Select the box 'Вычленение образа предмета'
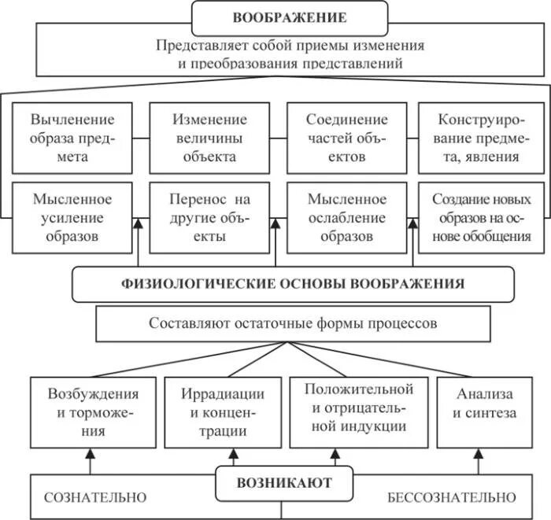pos(72,138)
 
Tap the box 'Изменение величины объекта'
pos(209,138)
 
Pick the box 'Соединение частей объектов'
pos(347,138)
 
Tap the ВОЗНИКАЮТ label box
pos(286,481)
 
